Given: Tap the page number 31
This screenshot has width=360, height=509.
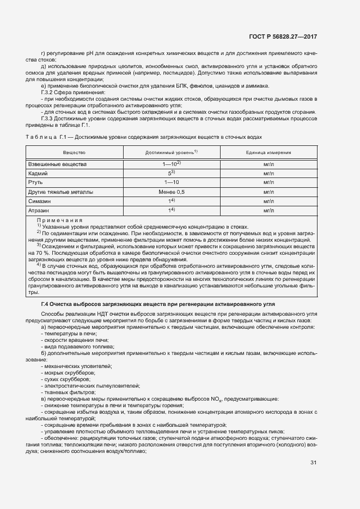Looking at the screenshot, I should tap(313, 463).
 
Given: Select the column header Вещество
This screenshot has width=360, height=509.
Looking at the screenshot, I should tap(74, 152).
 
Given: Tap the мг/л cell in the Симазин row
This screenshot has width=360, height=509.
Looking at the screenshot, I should tap(268, 201).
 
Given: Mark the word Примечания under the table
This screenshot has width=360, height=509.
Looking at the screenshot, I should tap(60, 220).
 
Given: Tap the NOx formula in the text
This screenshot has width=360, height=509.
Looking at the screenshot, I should tap(208, 399).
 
